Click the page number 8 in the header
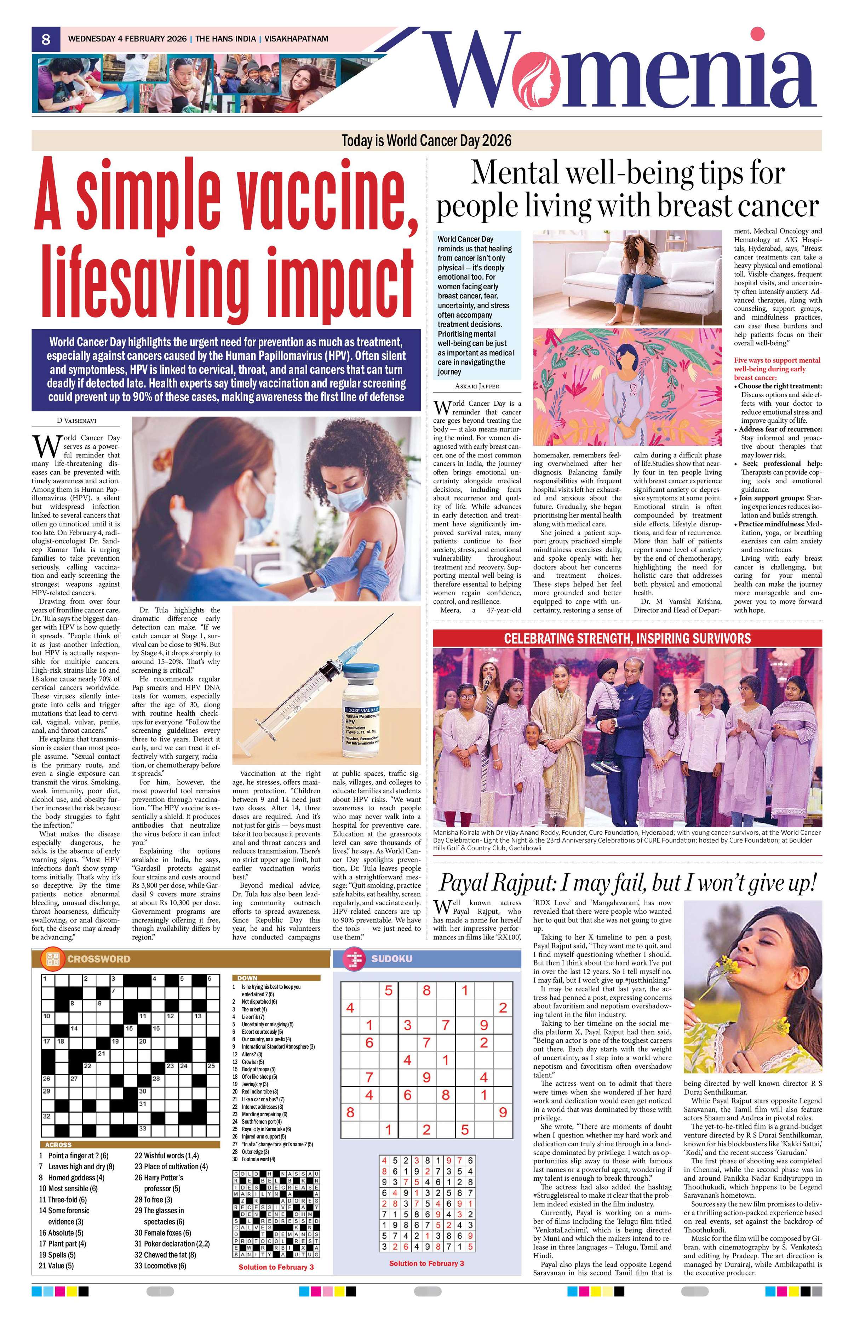coord(46,39)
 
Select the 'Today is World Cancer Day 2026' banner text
coord(426,140)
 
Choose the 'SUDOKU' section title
coord(391,959)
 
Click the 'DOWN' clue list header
coord(246,978)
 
